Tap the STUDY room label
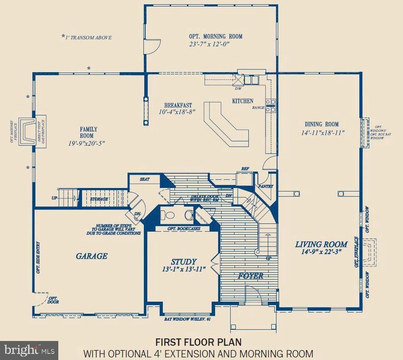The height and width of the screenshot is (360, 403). tap(183, 262)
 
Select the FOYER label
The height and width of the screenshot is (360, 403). tap(250, 276)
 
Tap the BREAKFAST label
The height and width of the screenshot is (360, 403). tap(178, 104)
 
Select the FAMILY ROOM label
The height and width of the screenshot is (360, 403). tap(88, 132)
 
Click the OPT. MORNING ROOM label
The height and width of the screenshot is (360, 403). tap(213, 37)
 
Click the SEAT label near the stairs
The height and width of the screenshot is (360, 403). tap(145, 179)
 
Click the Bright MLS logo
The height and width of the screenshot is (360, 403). tap(30, 347)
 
